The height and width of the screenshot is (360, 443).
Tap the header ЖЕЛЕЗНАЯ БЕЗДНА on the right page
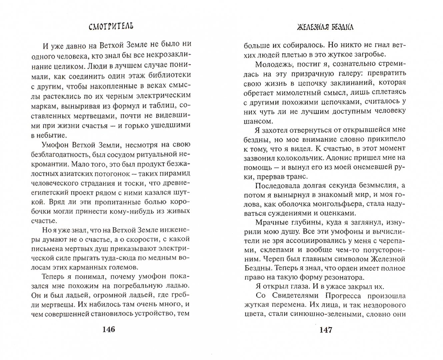325,27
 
